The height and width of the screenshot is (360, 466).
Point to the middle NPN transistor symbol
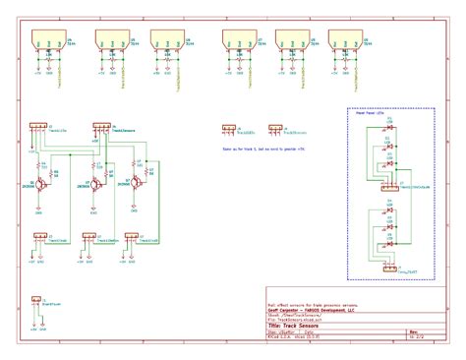pos(95,184)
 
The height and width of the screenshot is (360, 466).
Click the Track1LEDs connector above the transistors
pos(37,127)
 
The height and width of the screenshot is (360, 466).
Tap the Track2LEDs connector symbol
pos(228,128)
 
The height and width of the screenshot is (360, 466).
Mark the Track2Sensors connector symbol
pos(274,128)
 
